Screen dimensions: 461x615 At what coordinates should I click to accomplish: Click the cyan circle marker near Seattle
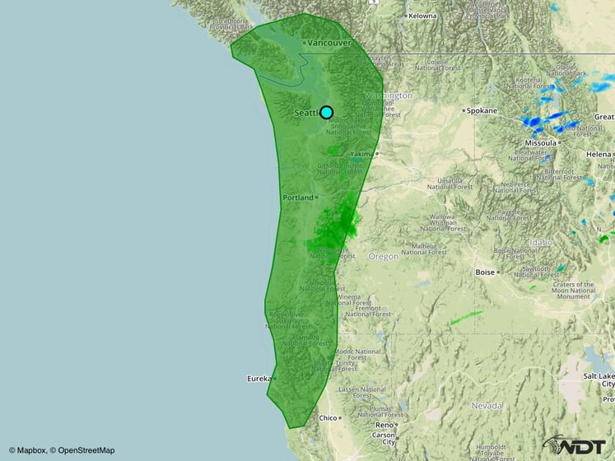point(327,112)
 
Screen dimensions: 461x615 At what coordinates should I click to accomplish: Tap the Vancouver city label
point(329,43)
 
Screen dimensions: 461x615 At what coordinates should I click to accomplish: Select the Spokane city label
point(483,110)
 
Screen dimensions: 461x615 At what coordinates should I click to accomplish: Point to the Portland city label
point(298,198)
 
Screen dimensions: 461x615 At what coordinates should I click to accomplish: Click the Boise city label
point(485,272)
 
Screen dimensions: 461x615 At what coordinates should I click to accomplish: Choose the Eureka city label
point(259,378)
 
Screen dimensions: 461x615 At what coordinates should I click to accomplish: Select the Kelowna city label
point(422,16)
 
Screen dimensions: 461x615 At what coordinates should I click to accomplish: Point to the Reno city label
point(384,425)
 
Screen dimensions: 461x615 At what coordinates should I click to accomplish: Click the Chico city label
point(328,417)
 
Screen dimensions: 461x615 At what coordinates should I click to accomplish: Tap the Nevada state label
point(487,406)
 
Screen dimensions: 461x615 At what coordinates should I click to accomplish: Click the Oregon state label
point(383,256)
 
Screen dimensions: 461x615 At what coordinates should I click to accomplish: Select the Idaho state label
point(543,243)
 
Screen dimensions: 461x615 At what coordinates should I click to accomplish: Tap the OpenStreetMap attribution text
point(82,450)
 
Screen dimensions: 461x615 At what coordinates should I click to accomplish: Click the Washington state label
point(388,95)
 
